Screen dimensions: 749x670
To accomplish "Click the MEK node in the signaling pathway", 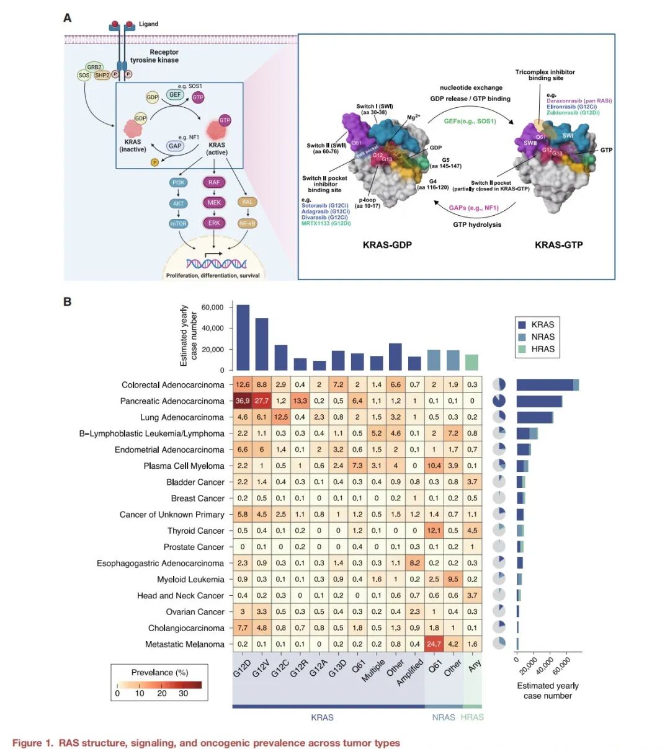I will (x=214, y=202).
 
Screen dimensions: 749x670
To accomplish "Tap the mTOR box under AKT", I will (x=178, y=223).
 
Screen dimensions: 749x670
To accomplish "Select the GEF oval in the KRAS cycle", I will (x=176, y=95).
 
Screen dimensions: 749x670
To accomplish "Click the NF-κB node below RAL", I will (x=247, y=223).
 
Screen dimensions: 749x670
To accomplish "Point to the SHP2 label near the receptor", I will (x=102, y=75).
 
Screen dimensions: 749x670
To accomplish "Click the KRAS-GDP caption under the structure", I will (x=387, y=245).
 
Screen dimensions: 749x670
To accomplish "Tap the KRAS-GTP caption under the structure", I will (x=558, y=245).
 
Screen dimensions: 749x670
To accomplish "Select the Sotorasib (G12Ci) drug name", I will (x=324, y=205).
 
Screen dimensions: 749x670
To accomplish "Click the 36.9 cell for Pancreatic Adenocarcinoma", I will (x=243, y=401).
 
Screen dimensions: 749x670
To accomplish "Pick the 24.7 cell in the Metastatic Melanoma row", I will (x=434, y=644).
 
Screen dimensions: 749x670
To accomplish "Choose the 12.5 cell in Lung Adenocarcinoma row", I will (x=281, y=417).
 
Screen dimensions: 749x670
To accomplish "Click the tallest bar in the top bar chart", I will (x=243, y=337).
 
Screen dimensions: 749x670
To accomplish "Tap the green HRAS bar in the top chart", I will (x=472, y=362).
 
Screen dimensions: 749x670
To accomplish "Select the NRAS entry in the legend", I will (x=542, y=337).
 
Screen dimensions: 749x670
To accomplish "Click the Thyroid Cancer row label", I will (x=195, y=531).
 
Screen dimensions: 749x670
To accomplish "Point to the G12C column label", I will (x=279, y=668).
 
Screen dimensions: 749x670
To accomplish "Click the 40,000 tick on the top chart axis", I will (x=212, y=328).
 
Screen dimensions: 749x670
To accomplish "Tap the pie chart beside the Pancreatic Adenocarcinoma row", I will (x=499, y=401).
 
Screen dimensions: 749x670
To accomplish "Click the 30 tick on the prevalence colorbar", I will (x=183, y=693).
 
